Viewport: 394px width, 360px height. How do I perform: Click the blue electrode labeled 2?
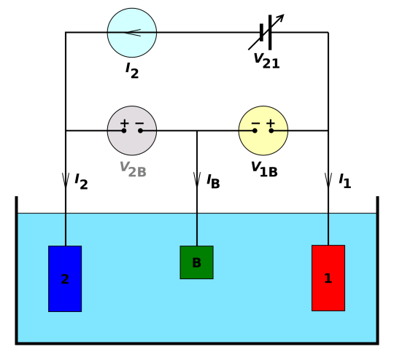pos(65,278)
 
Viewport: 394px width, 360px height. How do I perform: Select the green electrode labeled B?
pos(197,262)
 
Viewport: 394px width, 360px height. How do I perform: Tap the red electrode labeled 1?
pos(328,278)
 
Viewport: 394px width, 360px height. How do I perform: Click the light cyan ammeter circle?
pos(132,33)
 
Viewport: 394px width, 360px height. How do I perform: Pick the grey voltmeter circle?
pos(132,130)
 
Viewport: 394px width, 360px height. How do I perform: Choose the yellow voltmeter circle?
pos(263,130)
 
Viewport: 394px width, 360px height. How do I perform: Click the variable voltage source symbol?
pos(266,32)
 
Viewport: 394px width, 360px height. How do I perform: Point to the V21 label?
pos(266,61)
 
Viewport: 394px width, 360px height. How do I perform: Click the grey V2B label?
pos(133,170)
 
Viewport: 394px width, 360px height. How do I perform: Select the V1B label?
pos(264,170)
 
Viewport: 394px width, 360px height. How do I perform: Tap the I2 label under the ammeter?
pos(132,71)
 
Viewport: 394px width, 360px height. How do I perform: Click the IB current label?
pos(213,181)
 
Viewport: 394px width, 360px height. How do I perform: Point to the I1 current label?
pos(344,181)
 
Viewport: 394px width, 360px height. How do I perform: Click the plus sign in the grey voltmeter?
pos(124,123)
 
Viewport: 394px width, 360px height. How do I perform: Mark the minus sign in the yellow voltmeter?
pos(255,123)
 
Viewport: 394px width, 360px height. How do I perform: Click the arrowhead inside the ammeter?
pos(132,33)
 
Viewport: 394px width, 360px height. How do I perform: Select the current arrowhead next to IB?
pos(197,180)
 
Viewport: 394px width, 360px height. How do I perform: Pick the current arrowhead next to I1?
pos(328,180)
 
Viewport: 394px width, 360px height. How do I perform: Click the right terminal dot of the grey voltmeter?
pos(141,130)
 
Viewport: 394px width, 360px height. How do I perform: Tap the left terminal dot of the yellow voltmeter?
pos(255,130)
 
